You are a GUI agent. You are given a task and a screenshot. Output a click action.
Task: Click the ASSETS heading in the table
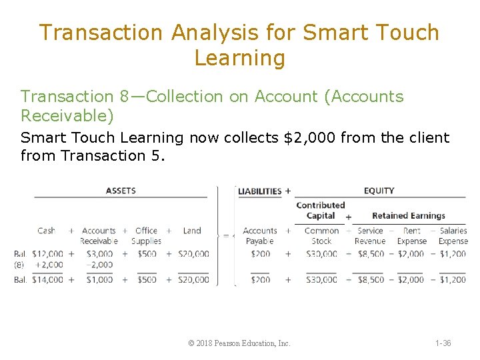121,191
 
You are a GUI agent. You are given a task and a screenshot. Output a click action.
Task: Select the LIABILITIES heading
260,191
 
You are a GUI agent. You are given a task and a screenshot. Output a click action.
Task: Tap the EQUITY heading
379,191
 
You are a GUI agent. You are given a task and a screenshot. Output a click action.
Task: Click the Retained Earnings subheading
409,215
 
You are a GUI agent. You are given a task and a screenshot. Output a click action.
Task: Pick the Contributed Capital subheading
320,210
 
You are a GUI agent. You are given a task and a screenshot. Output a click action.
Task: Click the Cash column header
47,231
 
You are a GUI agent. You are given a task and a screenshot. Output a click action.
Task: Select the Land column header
192,231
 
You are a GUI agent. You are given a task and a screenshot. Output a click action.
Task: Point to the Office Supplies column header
146,235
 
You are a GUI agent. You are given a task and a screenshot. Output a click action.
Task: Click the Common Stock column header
321,235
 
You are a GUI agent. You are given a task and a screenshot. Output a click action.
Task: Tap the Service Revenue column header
370,235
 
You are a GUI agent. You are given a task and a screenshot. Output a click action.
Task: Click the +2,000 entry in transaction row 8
49,265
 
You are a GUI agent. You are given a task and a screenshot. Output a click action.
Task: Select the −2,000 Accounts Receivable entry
99,265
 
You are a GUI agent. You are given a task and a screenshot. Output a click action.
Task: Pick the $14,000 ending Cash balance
47,280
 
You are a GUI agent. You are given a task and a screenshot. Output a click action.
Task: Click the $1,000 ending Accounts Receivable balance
99,280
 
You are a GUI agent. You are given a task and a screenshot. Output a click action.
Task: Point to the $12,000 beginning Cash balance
47,254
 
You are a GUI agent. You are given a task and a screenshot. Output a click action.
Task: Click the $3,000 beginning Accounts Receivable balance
99,254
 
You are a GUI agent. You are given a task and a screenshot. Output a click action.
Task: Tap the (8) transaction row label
20,265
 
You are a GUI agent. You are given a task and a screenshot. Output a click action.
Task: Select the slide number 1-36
443,343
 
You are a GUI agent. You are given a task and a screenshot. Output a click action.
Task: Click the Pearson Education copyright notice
239,343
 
